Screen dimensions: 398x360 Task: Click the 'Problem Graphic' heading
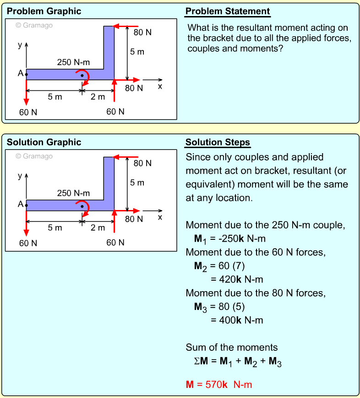(44, 11)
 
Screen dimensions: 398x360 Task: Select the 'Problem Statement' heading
(228, 11)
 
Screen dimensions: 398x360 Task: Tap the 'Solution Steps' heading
(218, 142)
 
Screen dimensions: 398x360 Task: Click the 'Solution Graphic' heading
(44, 142)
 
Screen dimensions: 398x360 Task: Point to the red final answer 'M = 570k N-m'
(219, 384)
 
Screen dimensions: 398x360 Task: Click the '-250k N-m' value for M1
(236, 238)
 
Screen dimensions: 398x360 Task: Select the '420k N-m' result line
(237, 279)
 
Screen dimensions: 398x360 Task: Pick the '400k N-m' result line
(237, 320)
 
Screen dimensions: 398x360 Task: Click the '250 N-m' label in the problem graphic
(73, 62)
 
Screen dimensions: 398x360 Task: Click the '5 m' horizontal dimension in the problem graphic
(55, 97)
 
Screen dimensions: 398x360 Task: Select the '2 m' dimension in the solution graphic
(98, 227)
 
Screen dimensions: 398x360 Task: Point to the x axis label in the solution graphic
(160, 217)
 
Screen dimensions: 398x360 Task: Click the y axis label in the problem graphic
(19, 45)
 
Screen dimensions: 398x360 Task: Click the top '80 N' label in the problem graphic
(142, 32)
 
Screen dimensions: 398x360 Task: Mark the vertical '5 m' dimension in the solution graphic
(137, 182)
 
